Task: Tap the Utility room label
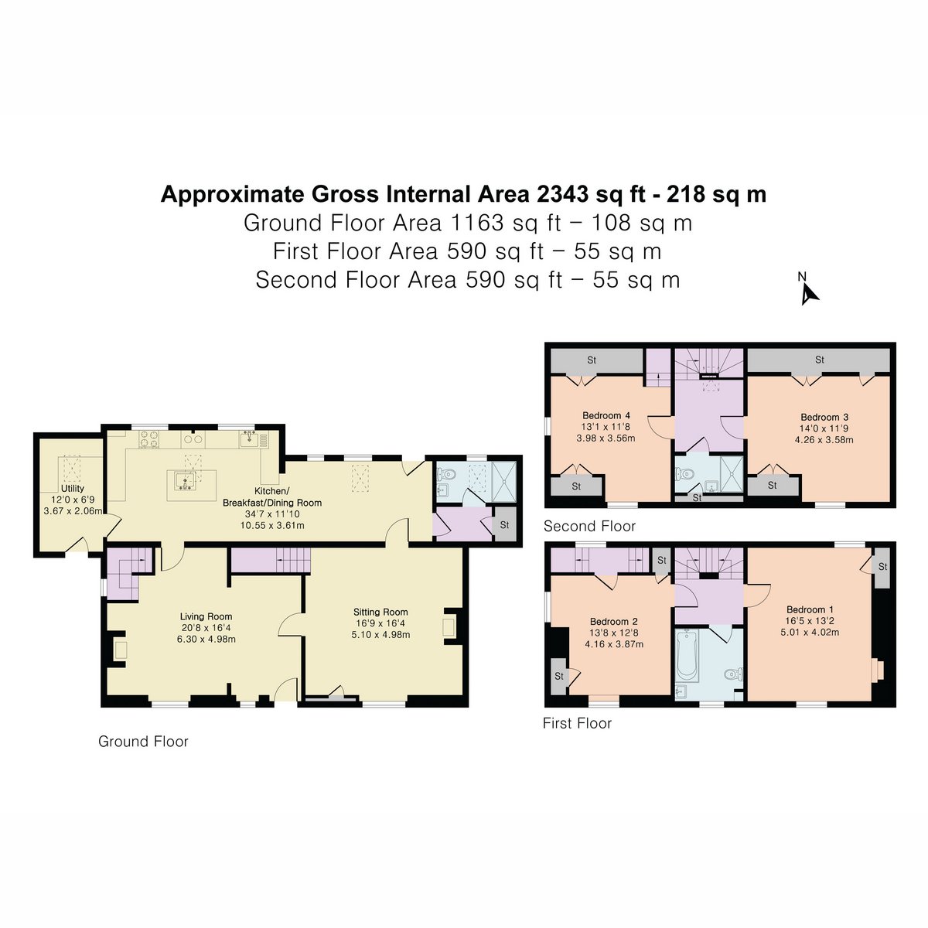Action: point(73,488)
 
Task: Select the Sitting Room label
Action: point(380,612)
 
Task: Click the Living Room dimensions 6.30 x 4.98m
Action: point(206,639)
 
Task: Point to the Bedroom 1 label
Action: point(810,609)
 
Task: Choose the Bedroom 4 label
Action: point(606,415)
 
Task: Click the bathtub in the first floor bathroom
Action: point(687,657)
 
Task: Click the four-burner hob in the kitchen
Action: point(148,439)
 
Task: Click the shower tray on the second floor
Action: point(732,474)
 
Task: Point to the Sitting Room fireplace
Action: point(449,629)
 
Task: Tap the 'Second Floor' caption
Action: point(589,526)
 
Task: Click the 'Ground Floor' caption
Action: point(143,741)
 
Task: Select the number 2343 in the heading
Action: point(562,194)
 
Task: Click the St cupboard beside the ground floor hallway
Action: point(505,524)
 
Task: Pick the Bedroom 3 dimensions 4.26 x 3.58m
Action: point(824,440)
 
